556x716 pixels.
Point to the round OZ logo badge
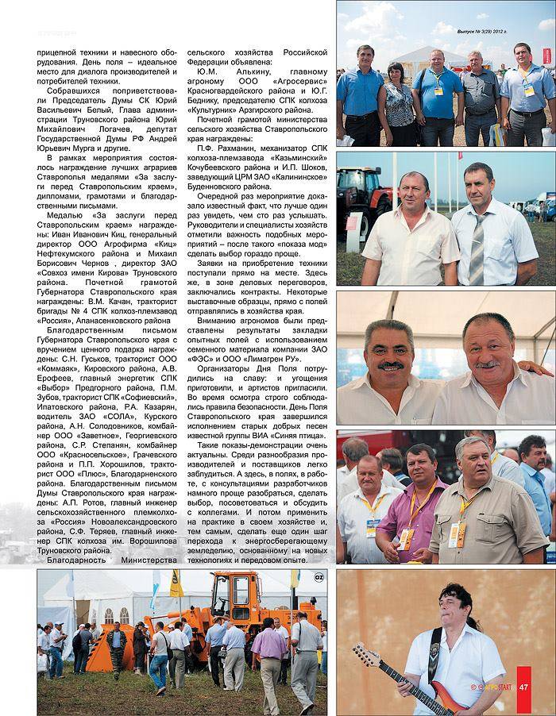point(319,576)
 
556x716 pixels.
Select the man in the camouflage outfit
point(117,648)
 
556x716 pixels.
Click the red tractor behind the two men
point(355,194)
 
